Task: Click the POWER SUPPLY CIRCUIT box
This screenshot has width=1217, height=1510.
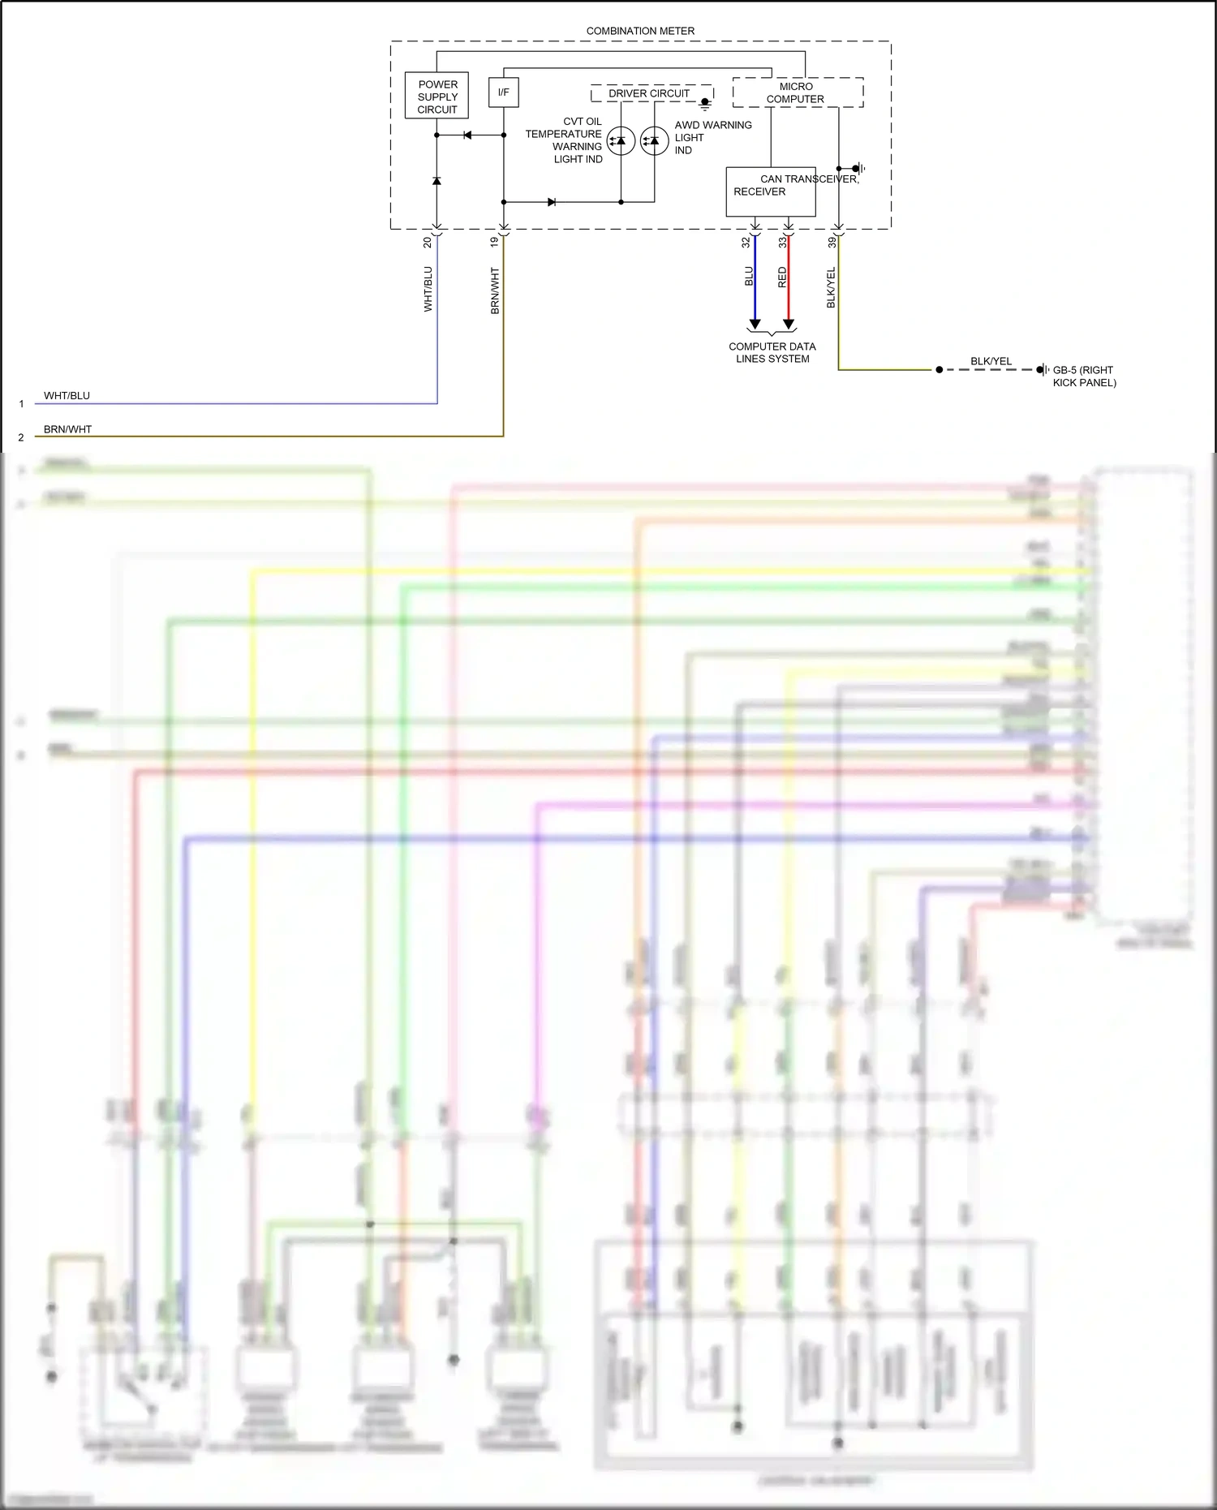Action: [x=436, y=96]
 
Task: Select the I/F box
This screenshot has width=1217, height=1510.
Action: [x=503, y=92]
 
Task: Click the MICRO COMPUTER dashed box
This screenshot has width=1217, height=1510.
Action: [x=797, y=92]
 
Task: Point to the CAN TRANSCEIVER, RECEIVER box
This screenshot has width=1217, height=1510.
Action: [x=770, y=191]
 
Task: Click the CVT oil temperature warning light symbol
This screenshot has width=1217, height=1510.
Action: [x=621, y=141]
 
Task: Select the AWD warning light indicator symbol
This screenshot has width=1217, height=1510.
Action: [x=654, y=141]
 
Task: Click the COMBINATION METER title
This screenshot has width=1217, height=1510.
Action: [x=640, y=31]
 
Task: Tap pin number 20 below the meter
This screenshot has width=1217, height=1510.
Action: [x=428, y=242]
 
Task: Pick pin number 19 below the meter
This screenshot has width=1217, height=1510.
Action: [x=494, y=242]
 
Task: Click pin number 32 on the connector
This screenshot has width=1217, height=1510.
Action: [x=746, y=242]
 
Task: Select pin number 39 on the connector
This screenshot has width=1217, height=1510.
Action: [x=832, y=242]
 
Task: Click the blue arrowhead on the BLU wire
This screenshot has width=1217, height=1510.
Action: [x=755, y=325]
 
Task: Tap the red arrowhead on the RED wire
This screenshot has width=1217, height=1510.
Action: [x=788, y=325]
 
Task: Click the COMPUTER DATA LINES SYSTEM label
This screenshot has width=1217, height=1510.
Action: [x=772, y=352]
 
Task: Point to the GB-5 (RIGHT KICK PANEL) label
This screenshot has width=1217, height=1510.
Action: [x=1084, y=376]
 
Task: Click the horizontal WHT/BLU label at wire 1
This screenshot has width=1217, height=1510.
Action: [x=67, y=396]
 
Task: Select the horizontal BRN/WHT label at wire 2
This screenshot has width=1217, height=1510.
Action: [x=67, y=429]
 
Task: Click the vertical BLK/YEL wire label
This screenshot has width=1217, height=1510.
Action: [x=831, y=287]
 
